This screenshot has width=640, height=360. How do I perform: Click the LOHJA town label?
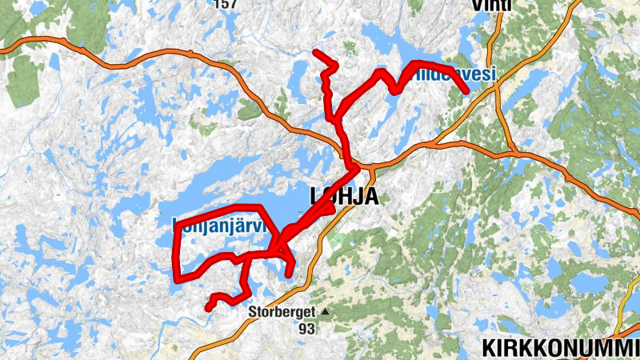(343, 197)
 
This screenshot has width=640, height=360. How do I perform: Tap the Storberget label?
(281, 312)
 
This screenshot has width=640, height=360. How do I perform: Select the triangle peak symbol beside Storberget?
(325, 311)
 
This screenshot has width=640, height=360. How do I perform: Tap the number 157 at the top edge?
(227, 4)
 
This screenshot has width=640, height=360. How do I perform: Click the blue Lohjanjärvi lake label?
(218, 227)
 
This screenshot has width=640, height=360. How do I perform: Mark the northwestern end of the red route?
(316, 53)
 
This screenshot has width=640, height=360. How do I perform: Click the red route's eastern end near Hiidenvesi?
(466, 93)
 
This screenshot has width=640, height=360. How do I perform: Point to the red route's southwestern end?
(208, 307)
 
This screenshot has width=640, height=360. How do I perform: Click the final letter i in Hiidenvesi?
(494, 74)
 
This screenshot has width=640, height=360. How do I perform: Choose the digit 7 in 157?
(235, 4)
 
